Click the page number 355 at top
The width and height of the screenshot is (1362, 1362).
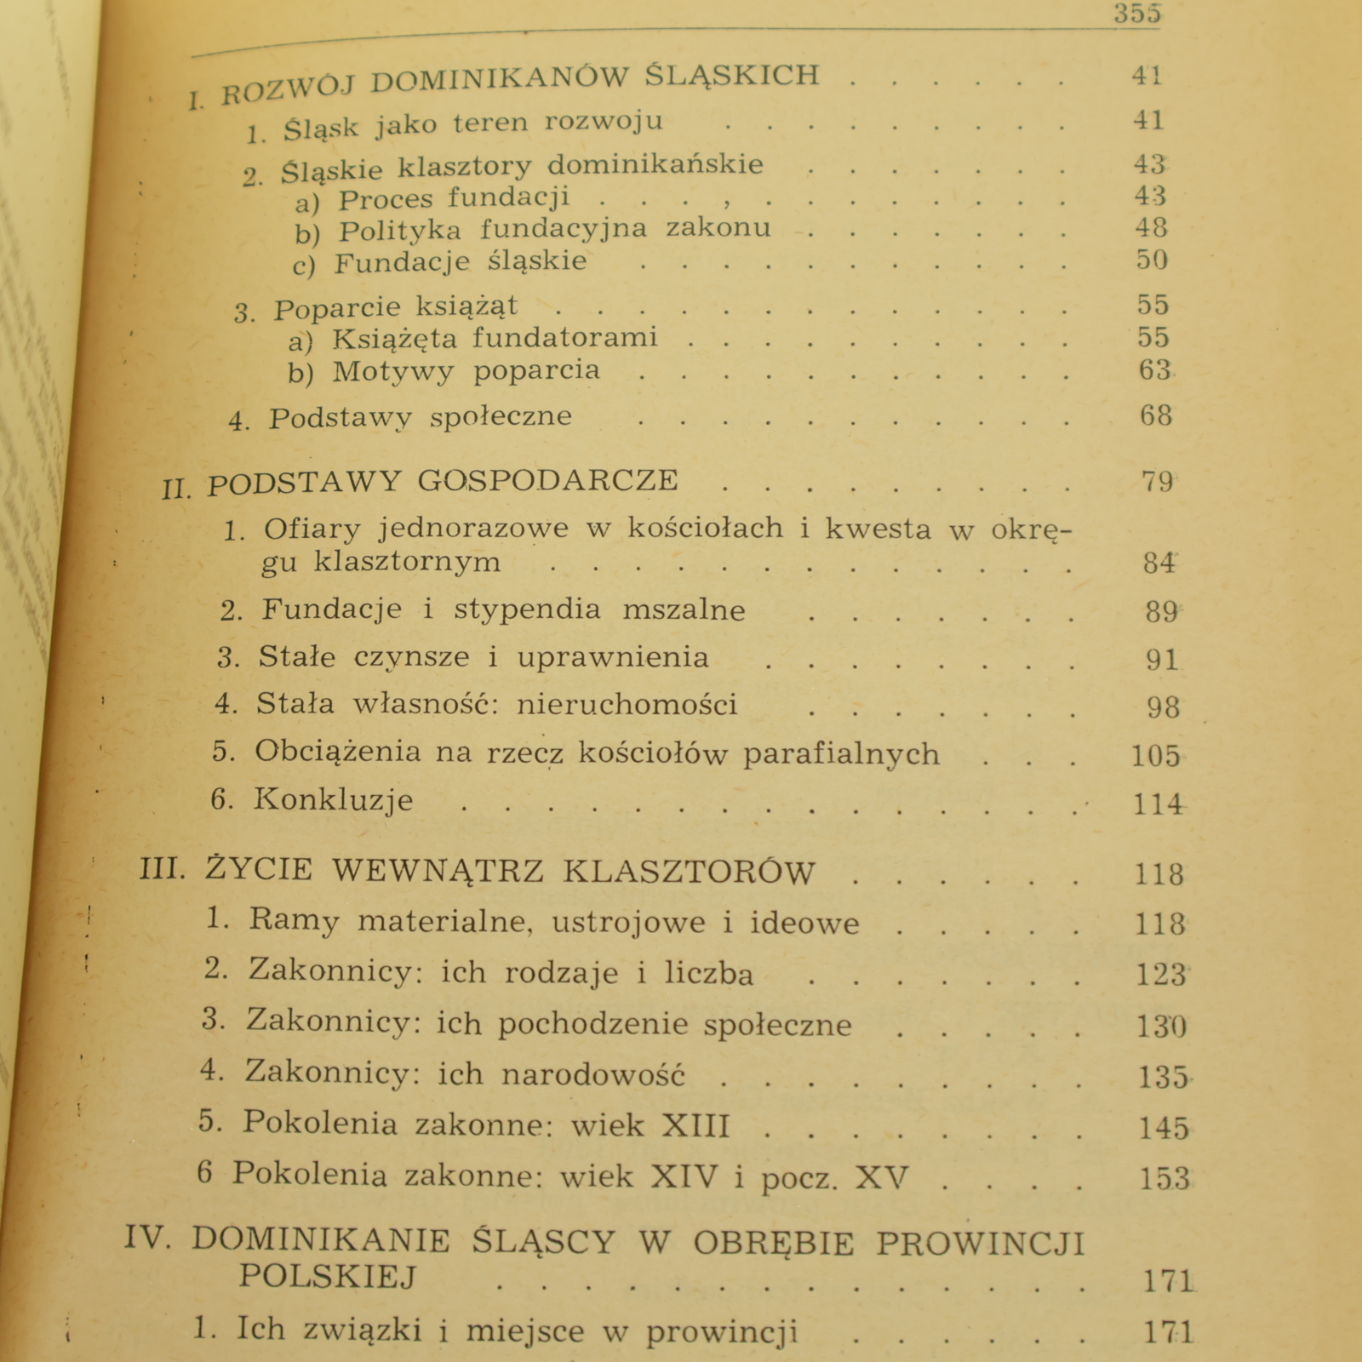pyautogui.click(x=1137, y=14)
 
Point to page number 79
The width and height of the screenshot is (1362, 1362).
pyautogui.click(x=1157, y=482)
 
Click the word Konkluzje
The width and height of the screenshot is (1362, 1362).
pyautogui.click(x=333, y=801)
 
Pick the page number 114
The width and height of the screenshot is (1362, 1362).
pyautogui.click(x=1157, y=804)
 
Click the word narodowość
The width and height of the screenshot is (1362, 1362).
pyautogui.click(x=592, y=1075)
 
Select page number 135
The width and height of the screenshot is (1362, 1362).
pyautogui.click(x=1163, y=1078)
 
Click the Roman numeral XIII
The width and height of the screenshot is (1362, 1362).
pyautogui.click(x=695, y=1125)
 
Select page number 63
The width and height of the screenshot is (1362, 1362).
pyautogui.click(x=1155, y=370)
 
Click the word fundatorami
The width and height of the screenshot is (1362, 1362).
pyautogui.click(x=565, y=338)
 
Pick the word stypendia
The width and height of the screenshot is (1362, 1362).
pyautogui.click(x=527, y=609)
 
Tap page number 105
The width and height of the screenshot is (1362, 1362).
pyautogui.click(x=1155, y=756)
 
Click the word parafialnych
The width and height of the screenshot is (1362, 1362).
pyautogui.click(x=841, y=754)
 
